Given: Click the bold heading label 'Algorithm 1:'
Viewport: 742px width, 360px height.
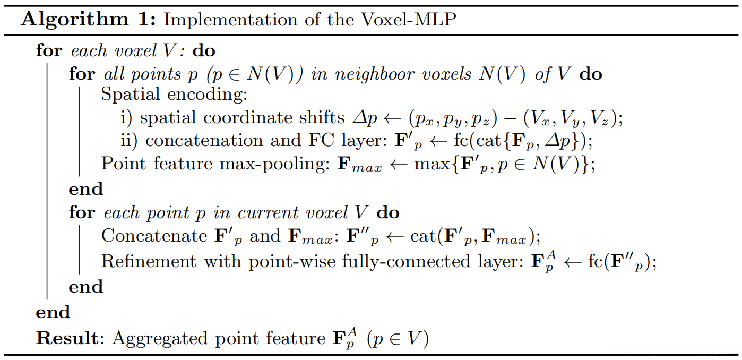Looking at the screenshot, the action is coord(88,20).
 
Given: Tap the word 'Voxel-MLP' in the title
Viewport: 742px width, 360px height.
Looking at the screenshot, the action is coord(409,20).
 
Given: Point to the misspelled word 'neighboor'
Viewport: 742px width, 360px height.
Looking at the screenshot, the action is coord(375,74).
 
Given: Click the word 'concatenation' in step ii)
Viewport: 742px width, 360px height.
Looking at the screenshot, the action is coord(204,140).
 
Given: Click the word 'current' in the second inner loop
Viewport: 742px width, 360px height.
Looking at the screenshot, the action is coord(269,213).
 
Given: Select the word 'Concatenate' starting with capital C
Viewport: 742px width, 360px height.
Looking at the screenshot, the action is coord(154,236).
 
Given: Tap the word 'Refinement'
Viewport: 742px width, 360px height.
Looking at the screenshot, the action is coord(149,261).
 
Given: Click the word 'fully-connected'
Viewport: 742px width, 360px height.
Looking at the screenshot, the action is coord(406,262).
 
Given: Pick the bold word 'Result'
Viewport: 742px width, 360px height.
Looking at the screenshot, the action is coord(67,338).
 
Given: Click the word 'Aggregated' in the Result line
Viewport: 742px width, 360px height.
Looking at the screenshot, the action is coord(160,339).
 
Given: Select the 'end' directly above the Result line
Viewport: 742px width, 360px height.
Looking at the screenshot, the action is coord(53,312).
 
